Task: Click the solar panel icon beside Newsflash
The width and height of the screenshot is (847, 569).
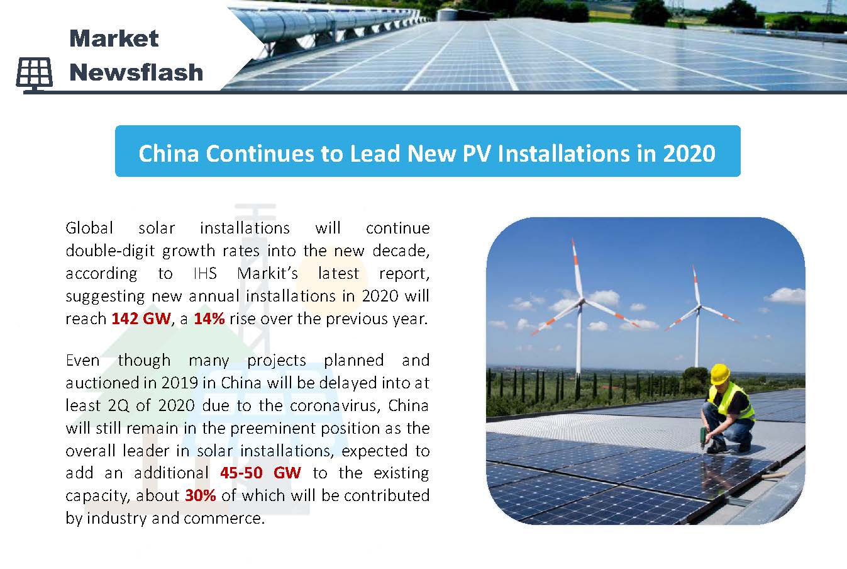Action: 35,75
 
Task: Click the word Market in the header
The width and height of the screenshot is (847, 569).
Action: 114,38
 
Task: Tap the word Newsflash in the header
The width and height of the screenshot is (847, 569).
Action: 136,72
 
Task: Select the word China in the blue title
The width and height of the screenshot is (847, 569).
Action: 169,154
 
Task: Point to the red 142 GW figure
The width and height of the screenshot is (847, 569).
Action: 141,318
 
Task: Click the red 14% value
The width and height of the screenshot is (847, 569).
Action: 209,318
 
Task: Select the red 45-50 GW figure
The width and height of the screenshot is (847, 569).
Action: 260,473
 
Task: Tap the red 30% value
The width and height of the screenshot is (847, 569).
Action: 201,495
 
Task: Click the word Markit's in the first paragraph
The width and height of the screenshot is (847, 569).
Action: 267,273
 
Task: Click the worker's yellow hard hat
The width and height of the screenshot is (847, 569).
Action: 720,374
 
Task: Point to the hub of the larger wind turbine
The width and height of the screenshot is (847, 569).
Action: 581,301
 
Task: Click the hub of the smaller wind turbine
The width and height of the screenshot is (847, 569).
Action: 699,306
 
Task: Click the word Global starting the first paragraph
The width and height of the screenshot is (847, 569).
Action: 89,228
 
